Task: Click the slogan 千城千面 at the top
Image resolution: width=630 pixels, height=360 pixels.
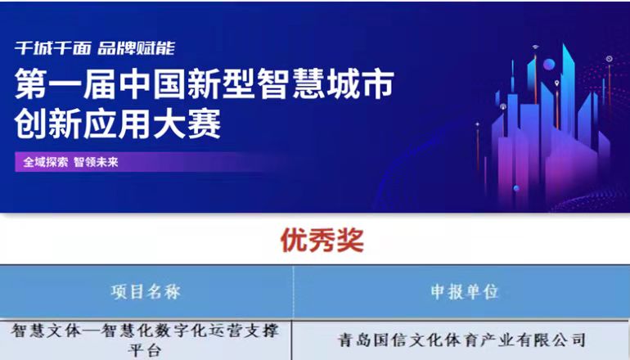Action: [53, 48]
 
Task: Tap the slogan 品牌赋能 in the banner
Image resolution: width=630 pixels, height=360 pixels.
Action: [136, 48]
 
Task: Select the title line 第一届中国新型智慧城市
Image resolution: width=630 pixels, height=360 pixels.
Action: [205, 83]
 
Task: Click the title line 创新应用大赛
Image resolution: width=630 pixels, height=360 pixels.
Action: [118, 124]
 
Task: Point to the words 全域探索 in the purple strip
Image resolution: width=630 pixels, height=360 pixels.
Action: [45, 162]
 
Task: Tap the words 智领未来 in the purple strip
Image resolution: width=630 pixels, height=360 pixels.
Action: [96, 162]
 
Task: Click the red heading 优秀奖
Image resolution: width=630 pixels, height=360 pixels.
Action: [322, 241]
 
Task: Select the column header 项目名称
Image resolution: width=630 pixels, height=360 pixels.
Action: [146, 292]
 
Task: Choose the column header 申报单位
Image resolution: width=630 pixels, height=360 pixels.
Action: [464, 292]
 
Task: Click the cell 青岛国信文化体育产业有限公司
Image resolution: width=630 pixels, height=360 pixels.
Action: [461, 340]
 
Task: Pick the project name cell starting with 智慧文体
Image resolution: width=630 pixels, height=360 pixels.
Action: [145, 340]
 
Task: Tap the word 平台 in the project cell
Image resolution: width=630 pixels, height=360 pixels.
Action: [145, 350]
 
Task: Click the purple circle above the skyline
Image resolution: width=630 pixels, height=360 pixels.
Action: [549, 65]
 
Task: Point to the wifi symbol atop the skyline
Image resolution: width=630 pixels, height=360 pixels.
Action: [536, 47]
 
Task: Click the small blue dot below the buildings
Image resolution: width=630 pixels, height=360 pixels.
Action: [516, 188]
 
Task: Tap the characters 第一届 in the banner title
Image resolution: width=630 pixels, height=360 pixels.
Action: [65, 83]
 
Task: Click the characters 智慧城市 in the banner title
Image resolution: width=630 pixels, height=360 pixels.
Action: [326, 83]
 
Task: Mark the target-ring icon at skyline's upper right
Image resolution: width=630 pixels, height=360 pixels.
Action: [609, 59]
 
